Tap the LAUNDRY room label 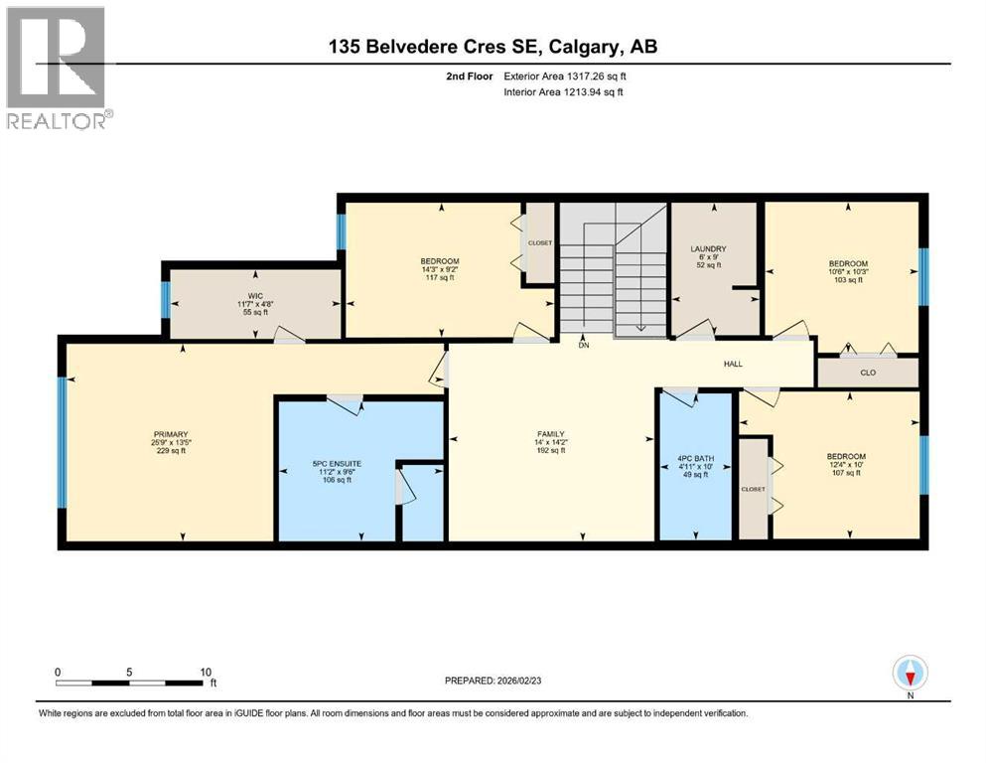click(x=709, y=248)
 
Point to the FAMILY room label click(x=550, y=434)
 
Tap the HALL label click(x=733, y=365)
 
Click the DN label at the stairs click(x=584, y=346)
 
